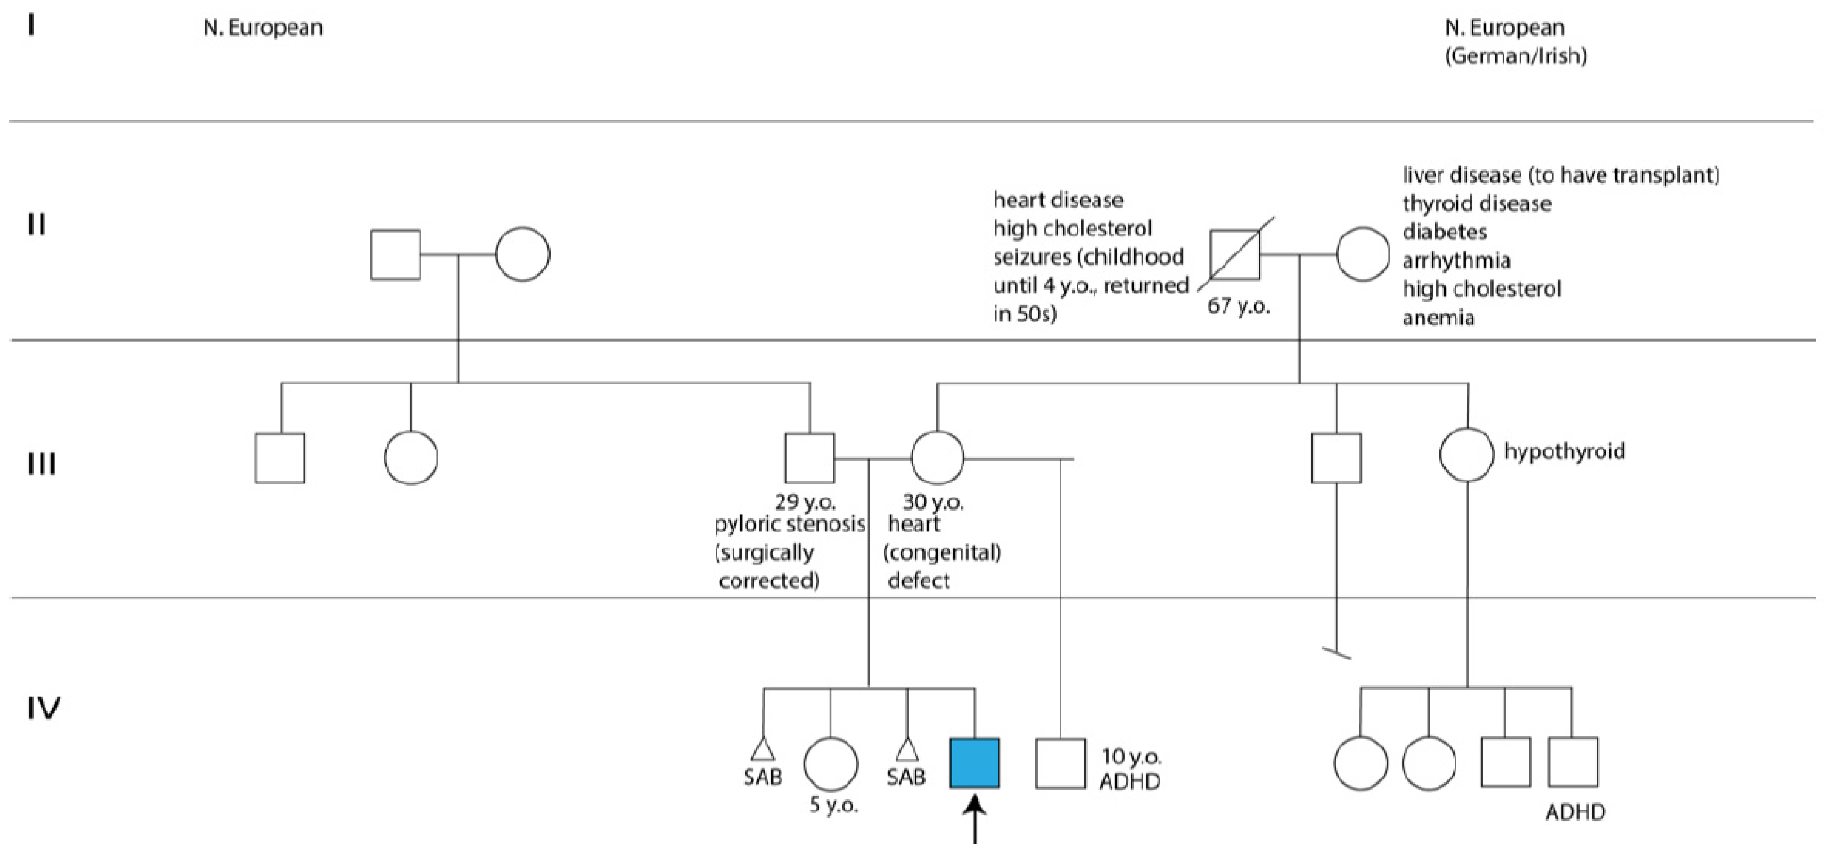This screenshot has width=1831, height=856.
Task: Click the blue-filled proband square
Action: click(974, 763)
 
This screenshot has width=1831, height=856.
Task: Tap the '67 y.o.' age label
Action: click(1238, 308)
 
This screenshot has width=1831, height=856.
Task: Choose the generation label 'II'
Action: click(36, 224)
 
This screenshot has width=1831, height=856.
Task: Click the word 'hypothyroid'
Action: click(1564, 452)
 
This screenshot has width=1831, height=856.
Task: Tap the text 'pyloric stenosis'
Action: click(790, 525)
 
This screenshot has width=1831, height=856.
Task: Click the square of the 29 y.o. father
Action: click(809, 458)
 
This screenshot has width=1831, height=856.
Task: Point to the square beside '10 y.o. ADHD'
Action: click(1060, 763)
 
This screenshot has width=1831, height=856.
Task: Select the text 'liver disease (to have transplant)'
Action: click(1561, 175)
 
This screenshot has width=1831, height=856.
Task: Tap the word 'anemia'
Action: click(1439, 317)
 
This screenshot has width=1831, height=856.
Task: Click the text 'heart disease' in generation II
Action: click(1058, 200)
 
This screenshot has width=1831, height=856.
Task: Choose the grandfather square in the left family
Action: click(395, 255)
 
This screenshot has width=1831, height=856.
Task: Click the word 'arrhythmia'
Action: click(1456, 261)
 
